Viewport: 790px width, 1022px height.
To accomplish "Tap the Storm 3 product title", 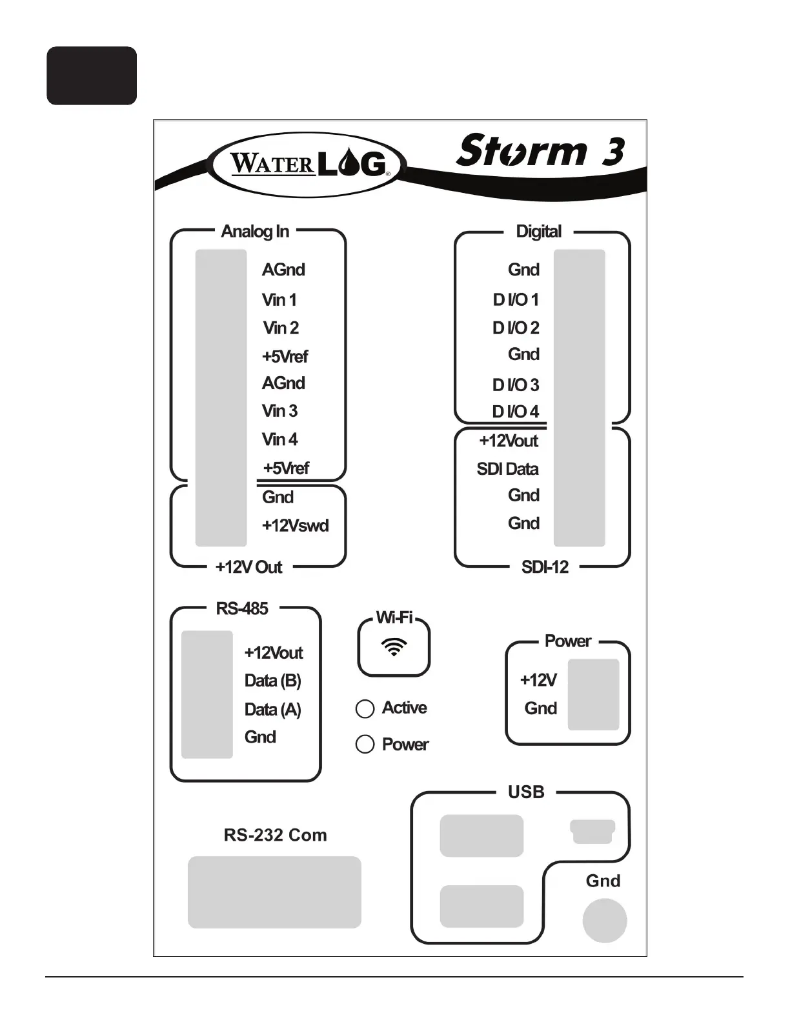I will click(x=540, y=151).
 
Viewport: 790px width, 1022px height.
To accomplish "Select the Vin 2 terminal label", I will click(x=281, y=328).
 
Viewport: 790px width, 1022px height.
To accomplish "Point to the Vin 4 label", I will click(x=279, y=439).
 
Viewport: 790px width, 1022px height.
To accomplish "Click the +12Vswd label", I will click(x=295, y=525).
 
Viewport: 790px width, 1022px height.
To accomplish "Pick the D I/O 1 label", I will click(x=515, y=299).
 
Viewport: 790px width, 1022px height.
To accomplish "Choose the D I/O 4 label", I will click(x=515, y=412).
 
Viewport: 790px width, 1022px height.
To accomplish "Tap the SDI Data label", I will click(x=507, y=469).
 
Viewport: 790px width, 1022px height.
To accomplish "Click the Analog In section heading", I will click(x=255, y=231).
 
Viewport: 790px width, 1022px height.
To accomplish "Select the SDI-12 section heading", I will click(x=545, y=567).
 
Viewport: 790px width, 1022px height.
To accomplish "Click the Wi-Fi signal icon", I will click(x=394, y=646).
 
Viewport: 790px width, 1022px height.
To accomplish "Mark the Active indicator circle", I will click(x=365, y=709).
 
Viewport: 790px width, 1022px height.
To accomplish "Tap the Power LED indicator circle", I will click(x=365, y=745).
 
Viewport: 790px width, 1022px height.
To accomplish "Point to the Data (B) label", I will click(x=272, y=681).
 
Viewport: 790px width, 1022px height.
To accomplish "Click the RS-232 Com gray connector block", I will click(x=274, y=892).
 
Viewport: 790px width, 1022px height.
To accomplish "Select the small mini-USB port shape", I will click(x=592, y=831).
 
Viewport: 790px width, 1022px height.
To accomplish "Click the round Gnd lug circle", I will click(x=605, y=921).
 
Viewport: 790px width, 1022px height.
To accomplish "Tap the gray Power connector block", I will click(x=593, y=694).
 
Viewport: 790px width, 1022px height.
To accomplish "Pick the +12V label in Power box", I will click(x=538, y=680).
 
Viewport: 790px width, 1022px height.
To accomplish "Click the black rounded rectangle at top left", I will click(x=92, y=75).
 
